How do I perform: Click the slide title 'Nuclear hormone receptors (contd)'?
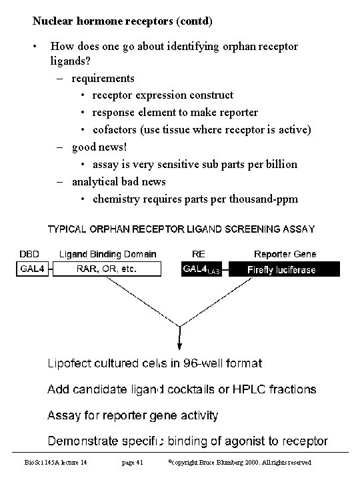(123, 21)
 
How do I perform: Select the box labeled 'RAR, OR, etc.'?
(107, 269)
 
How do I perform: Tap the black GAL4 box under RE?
(205, 269)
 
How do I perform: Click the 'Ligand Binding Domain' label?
(108, 254)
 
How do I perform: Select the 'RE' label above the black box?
(199, 254)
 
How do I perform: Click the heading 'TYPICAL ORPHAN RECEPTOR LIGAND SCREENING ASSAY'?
(181, 229)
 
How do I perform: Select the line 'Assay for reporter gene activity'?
(133, 415)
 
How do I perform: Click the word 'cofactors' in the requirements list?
(114, 129)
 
